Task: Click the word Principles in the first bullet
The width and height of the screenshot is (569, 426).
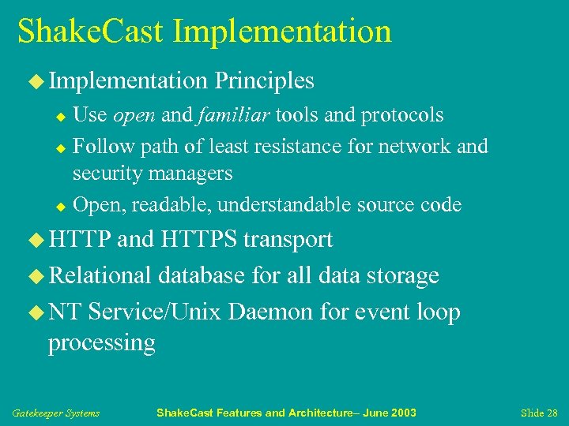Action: click(265, 80)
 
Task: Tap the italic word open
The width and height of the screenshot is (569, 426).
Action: click(134, 115)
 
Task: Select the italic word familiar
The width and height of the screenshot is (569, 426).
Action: click(230, 115)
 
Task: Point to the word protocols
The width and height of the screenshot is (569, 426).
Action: click(402, 115)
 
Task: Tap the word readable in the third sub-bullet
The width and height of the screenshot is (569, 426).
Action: click(171, 205)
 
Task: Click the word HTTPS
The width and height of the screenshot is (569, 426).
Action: click(198, 239)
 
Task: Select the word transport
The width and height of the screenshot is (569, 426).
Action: click(288, 239)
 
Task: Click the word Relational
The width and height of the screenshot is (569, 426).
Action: click(100, 275)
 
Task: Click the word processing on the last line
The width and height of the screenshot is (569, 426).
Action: click(101, 344)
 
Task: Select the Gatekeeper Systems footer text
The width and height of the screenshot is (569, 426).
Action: click(55, 413)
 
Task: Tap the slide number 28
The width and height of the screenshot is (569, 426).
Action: click(551, 413)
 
